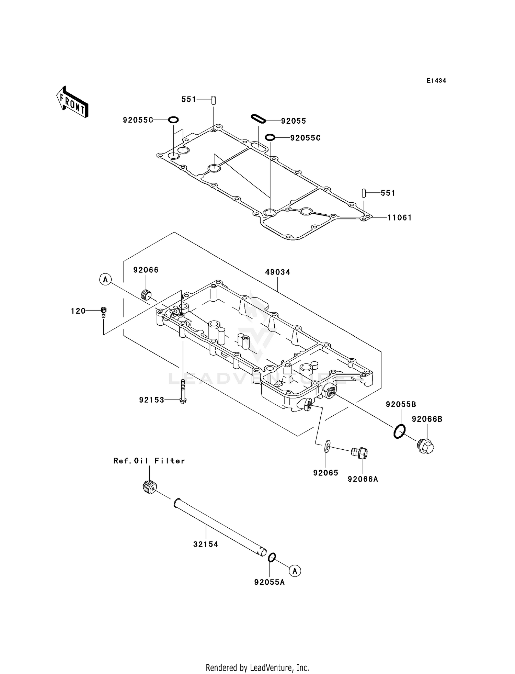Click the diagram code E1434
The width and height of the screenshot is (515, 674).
pyautogui.click(x=436, y=81)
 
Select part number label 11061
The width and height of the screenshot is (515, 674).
pyautogui.click(x=399, y=217)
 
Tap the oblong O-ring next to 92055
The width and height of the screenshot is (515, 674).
pyautogui.click(x=259, y=119)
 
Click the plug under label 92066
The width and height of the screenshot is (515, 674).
pyautogui.click(x=147, y=294)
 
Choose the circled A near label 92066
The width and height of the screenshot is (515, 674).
pyautogui.click(x=105, y=279)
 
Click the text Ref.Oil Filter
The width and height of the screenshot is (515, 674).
pyautogui.click(x=149, y=461)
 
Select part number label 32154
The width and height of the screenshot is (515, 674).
pyautogui.click(x=206, y=544)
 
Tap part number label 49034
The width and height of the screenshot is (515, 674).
pyautogui.click(x=277, y=272)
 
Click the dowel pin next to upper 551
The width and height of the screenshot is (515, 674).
pyautogui.click(x=213, y=100)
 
